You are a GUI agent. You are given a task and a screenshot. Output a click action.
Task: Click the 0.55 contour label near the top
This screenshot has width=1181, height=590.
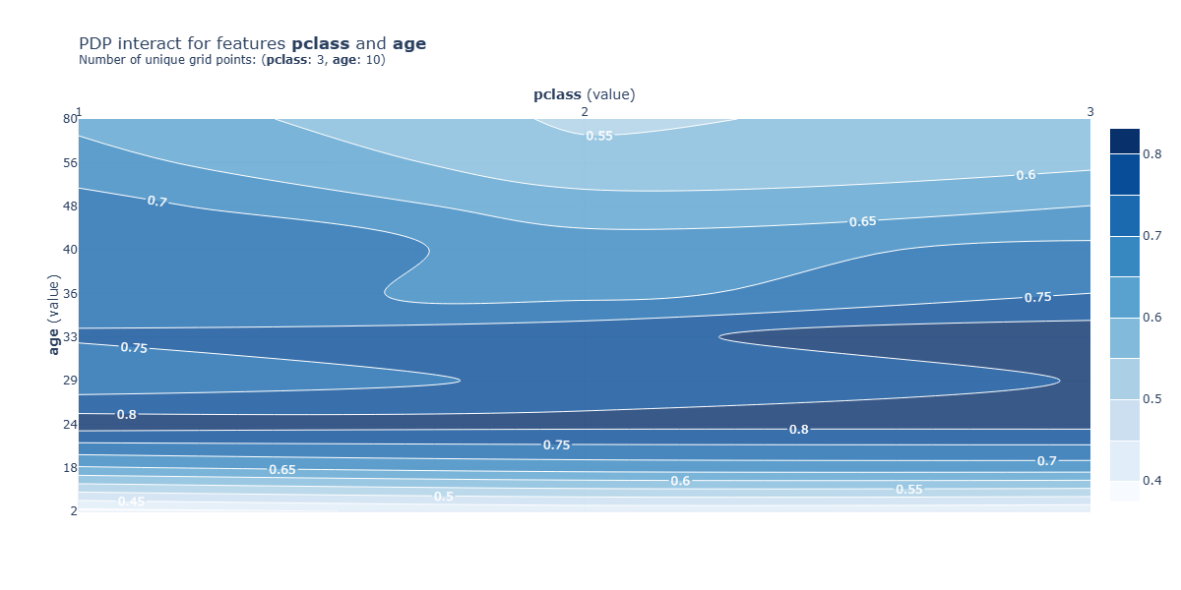pyautogui.click(x=599, y=136)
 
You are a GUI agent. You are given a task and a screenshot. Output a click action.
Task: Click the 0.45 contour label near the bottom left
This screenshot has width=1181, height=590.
pyautogui.click(x=131, y=502)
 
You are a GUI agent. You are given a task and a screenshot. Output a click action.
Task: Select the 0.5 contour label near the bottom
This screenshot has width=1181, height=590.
pyautogui.click(x=444, y=497)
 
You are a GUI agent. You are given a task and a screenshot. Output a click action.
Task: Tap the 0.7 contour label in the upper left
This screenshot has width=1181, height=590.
pyautogui.click(x=156, y=202)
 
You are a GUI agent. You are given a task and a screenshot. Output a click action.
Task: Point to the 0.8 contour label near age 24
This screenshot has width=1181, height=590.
pyautogui.click(x=127, y=415)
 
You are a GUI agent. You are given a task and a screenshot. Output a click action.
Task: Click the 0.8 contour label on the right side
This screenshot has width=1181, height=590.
pyautogui.click(x=798, y=430)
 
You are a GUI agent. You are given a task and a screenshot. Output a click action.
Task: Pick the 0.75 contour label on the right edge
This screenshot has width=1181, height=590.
pyautogui.click(x=1037, y=298)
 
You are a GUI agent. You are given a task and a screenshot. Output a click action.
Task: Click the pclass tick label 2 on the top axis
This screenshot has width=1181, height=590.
pyautogui.click(x=585, y=112)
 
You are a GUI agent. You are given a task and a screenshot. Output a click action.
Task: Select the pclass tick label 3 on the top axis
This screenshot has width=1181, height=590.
pyautogui.click(x=1089, y=112)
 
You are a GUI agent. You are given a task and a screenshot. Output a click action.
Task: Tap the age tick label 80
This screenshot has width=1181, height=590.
pyautogui.click(x=70, y=119)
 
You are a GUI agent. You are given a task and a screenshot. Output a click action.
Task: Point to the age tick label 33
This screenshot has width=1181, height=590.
pyautogui.click(x=70, y=336)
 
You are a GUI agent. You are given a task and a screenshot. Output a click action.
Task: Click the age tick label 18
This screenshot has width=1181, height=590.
pyautogui.click(x=70, y=467)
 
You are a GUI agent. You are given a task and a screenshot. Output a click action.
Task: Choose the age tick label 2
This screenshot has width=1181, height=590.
pyautogui.click(x=74, y=510)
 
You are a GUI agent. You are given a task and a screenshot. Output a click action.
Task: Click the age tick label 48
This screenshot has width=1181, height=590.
pyautogui.click(x=70, y=206)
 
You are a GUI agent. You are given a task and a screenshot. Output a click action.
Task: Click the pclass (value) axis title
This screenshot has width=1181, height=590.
pyautogui.click(x=585, y=95)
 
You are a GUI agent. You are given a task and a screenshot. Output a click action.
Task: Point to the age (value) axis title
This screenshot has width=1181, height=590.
pyautogui.click(x=56, y=315)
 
